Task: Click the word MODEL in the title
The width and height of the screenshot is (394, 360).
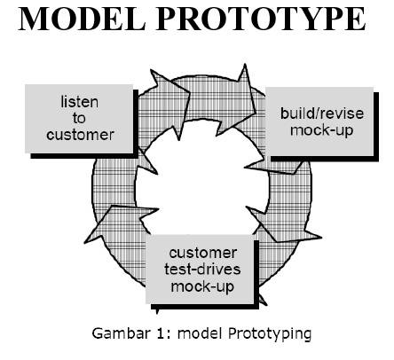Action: (x=84, y=20)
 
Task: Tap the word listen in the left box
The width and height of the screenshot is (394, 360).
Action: (x=79, y=104)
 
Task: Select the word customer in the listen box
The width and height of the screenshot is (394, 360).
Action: (x=79, y=134)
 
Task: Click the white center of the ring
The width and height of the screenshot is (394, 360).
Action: (x=197, y=177)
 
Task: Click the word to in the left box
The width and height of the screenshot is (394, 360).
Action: (x=79, y=119)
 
